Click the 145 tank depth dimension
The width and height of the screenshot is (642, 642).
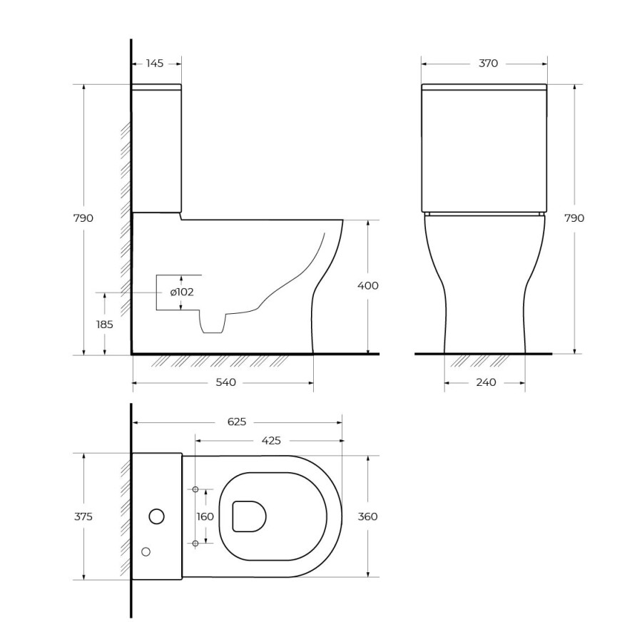tap(155, 63)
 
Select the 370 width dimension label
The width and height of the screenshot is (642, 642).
tap(488, 63)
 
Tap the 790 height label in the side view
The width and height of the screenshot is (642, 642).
tap(83, 218)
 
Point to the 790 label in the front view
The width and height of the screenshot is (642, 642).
tap(574, 218)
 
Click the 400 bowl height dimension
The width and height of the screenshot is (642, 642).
tap(368, 285)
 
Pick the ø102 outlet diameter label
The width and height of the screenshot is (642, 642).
tap(182, 292)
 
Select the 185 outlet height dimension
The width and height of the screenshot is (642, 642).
tap(104, 325)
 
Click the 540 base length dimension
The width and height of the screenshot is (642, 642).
tap(226, 382)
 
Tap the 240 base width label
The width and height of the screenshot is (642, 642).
tap(486, 382)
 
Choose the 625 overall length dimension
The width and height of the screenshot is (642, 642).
tap(237, 422)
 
